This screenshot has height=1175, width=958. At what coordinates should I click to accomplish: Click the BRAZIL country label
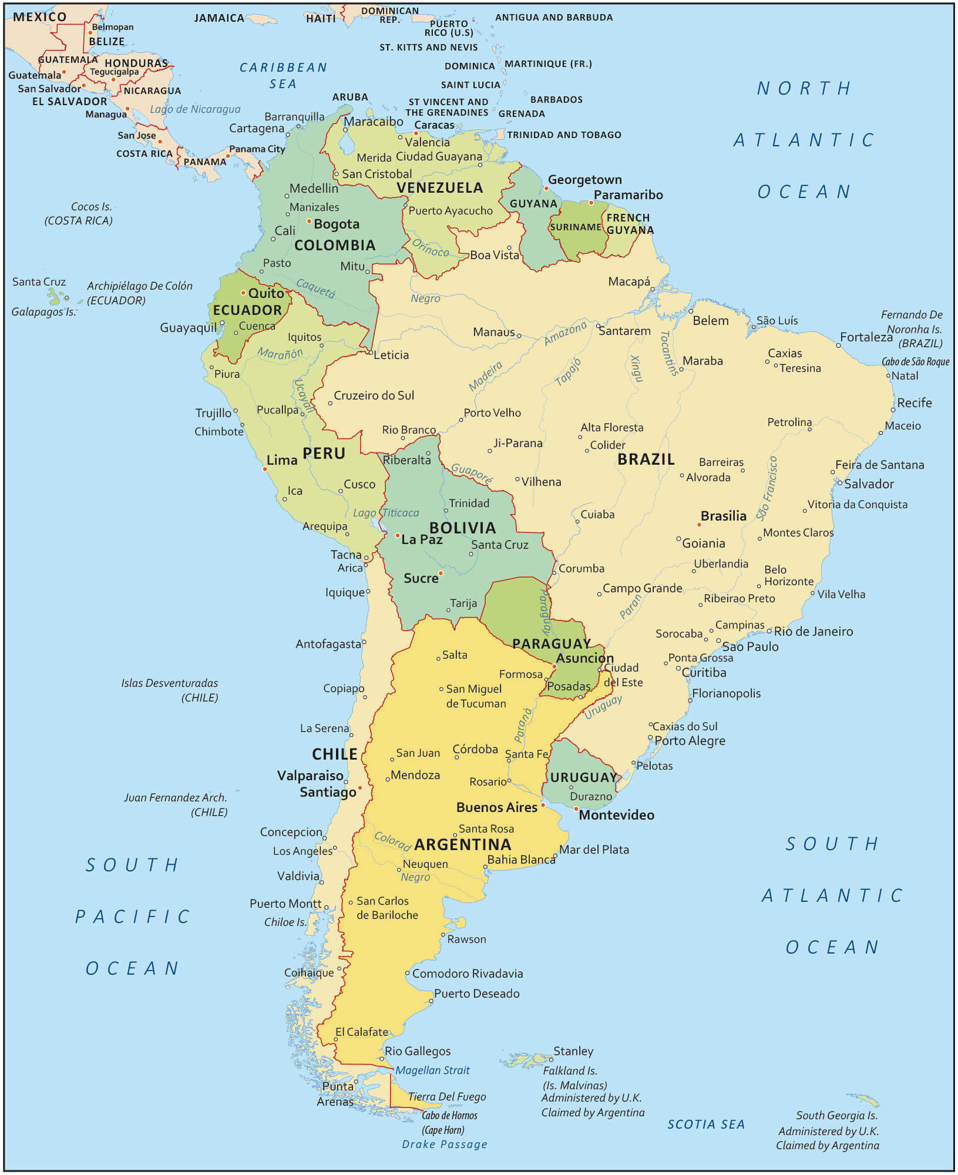646,459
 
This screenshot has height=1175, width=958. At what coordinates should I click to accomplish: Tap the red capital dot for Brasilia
699,525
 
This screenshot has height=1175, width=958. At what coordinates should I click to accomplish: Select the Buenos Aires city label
496,807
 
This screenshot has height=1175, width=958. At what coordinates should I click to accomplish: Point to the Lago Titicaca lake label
386,513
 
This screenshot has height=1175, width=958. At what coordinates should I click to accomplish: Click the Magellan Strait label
432,1070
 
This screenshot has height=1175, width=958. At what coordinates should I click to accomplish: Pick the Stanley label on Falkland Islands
573,1051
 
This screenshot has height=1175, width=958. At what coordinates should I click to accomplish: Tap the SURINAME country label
575,227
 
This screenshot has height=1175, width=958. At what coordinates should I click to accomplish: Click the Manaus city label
493,333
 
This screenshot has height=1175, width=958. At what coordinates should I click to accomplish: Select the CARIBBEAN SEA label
283,75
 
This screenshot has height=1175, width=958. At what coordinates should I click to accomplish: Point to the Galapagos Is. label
43,312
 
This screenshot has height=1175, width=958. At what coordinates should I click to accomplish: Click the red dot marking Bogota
309,221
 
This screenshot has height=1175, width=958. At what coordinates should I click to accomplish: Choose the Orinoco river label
430,248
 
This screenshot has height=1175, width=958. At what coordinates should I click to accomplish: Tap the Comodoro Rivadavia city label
467,973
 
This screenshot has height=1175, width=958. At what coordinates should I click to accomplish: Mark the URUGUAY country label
583,777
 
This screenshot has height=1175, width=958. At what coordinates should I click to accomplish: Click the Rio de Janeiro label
813,632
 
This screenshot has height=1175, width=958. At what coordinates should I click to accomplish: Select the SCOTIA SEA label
705,1124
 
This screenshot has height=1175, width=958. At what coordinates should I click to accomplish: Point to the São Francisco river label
767,489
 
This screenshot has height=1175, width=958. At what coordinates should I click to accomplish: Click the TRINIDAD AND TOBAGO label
564,135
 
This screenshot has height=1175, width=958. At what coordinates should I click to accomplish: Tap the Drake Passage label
444,1144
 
